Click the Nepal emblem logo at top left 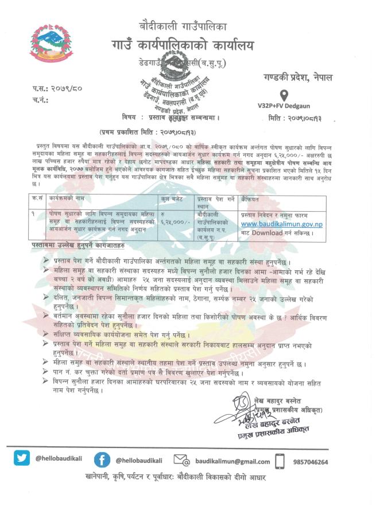pyautogui.click(x=52, y=43)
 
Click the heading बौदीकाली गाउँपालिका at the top pyautogui.click(x=183, y=26)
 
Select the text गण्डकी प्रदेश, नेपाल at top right pyautogui.click(x=298, y=77)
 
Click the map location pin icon pyautogui.click(x=283, y=95)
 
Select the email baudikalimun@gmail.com pyautogui.click(x=232, y=461)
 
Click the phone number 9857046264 pyautogui.click(x=309, y=462)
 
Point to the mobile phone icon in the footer pyautogui.click(x=280, y=461)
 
